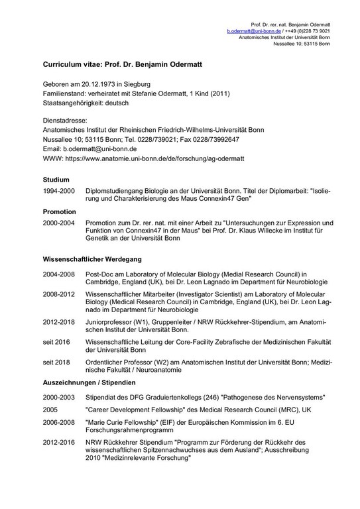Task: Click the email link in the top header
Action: pos(252,31)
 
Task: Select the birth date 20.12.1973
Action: pos(96,85)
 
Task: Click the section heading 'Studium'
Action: pos(56,180)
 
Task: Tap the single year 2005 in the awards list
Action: pos(50,409)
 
